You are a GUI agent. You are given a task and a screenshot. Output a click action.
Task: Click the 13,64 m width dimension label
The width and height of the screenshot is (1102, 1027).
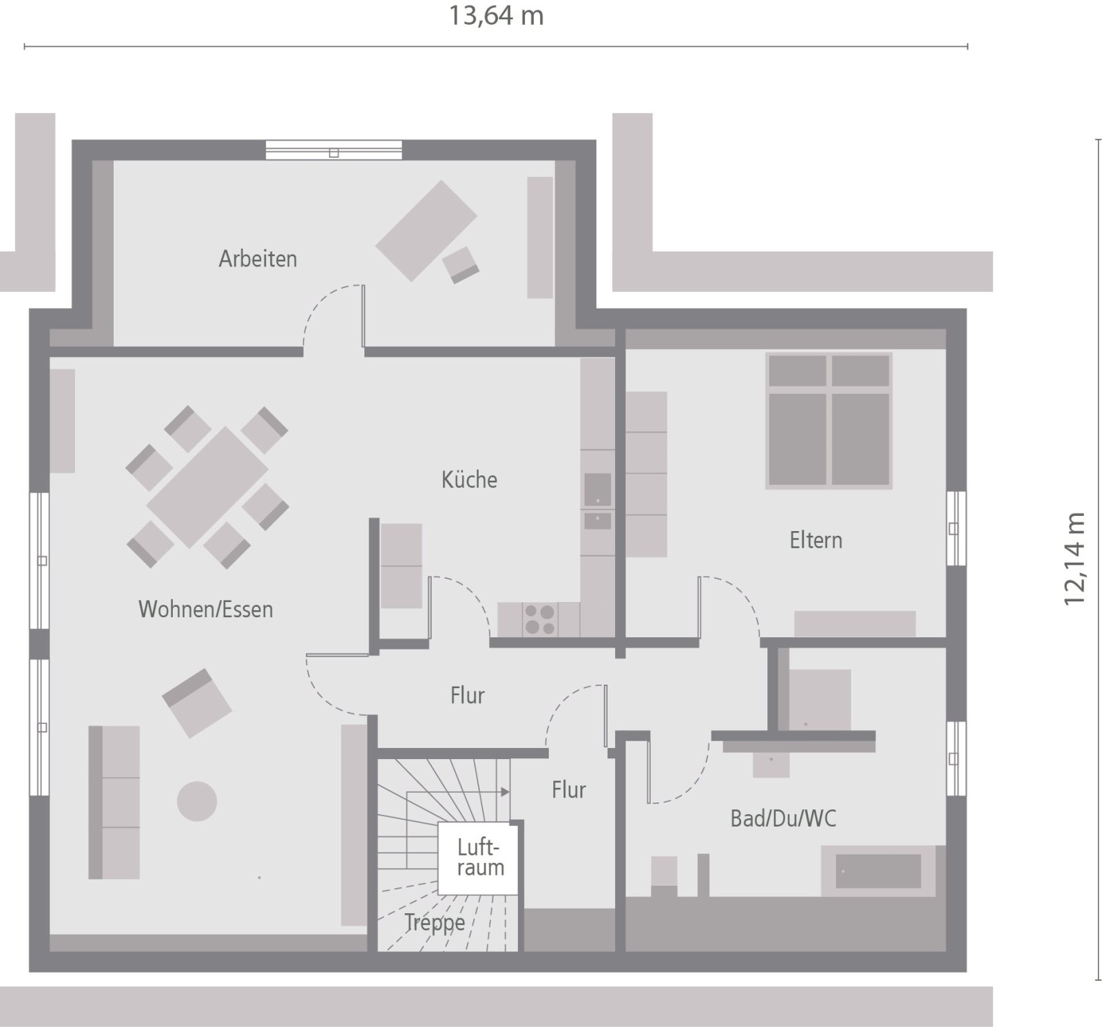click(496, 16)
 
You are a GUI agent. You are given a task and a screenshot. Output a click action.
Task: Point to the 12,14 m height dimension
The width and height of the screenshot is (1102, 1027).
click(1074, 559)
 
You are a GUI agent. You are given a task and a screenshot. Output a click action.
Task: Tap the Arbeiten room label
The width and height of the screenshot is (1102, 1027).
click(258, 259)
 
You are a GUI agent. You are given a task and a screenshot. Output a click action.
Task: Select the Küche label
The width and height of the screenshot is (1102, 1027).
click(469, 479)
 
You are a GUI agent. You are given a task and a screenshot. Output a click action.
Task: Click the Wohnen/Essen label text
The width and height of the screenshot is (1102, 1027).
click(206, 610)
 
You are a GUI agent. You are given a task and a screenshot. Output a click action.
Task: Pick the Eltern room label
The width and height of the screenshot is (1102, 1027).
click(816, 540)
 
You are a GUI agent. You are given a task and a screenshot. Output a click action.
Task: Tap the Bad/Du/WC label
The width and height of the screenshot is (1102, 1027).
click(783, 818)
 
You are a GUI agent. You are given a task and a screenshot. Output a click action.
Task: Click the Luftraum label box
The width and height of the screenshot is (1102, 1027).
click(480, 858)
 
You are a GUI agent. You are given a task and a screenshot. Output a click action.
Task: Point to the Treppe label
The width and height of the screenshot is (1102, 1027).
click(435, 922)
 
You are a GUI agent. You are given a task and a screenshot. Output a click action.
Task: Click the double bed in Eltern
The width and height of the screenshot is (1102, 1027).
click(829, 421)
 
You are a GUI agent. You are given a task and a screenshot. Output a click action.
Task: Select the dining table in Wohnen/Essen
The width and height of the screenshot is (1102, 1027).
click(207, 486)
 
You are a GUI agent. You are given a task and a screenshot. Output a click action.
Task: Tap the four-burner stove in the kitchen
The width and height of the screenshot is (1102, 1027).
click(539, 619)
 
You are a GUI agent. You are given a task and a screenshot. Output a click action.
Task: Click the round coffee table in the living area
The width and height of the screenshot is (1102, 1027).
click(197, 801)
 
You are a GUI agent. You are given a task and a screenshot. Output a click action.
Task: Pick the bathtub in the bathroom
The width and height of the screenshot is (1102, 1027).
click(878, 871)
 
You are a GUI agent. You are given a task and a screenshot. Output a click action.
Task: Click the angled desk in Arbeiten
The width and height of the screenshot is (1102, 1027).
click(426, 231)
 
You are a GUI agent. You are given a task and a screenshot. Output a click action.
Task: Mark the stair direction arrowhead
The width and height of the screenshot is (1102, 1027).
click(506, 792)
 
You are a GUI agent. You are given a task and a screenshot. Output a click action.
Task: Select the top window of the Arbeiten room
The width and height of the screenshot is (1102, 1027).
click(333, 150)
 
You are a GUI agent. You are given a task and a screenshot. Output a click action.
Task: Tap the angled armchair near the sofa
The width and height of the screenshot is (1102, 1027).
click(197, 703)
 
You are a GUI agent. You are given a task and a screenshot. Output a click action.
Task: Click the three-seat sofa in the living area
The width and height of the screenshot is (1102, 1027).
click(114, 802)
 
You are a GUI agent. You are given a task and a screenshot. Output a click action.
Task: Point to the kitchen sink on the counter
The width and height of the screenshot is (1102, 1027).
click(597, 490)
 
